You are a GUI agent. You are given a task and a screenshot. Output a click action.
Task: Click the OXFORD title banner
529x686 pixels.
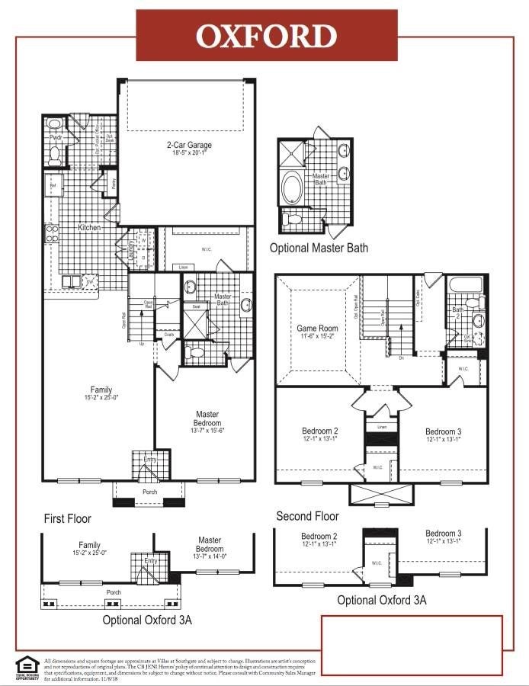[266, 36]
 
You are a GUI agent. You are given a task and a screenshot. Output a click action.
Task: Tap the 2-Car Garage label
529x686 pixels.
[189, 145]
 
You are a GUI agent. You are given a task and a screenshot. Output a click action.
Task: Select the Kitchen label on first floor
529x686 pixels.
[90, 228]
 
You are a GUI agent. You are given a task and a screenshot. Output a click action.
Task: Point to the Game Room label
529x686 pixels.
[317, 329]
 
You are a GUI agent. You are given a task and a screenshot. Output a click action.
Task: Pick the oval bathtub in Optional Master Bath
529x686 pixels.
[291, 188]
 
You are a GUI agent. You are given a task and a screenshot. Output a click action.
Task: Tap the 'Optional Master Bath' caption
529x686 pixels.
[319, 248]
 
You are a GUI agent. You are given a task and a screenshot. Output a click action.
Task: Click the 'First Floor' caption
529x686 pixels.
[67, 518]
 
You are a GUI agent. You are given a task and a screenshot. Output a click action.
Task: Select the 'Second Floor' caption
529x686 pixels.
[307, 515]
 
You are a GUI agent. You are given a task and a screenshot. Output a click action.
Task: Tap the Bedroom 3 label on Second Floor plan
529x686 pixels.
[443, 431]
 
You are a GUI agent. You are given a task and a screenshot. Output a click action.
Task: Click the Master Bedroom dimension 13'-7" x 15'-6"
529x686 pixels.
[207, 431]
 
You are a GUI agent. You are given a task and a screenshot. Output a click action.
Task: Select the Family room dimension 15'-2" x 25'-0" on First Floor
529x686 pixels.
[101, 397]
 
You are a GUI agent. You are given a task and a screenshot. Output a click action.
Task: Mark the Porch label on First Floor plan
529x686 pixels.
[149, 492]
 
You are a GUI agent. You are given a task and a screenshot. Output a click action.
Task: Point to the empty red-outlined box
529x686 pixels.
[412, 644]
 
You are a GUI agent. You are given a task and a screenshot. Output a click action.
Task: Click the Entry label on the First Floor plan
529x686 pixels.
[150, 460]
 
